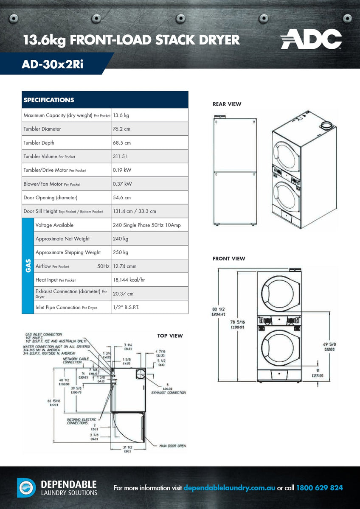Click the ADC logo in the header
click(x=311, y=39)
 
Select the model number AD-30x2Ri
click(x=53, y=64)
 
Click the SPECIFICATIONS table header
click(x=49, y=100)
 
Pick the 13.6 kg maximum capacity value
click(x=121, y=115)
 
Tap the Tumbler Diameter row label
click(x=42, y=129)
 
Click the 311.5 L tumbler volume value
click(x=121, y=157)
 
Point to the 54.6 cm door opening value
click(x=122, y=198)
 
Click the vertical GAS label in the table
click(x=28, y=266)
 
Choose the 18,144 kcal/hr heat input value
click(x=129, y=280)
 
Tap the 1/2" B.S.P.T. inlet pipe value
click(x=126, y=308)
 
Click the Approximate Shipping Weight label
click(x=68, y=252)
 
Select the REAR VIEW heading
click(x=227, y=104)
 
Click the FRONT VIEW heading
click(x=229, y=258)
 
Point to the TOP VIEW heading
click(x=170, y=336)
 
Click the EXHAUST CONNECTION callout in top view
click(x=169, y=393)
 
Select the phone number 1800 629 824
click(x=319, y=488)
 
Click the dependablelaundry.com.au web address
click(x=229, y=488)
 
